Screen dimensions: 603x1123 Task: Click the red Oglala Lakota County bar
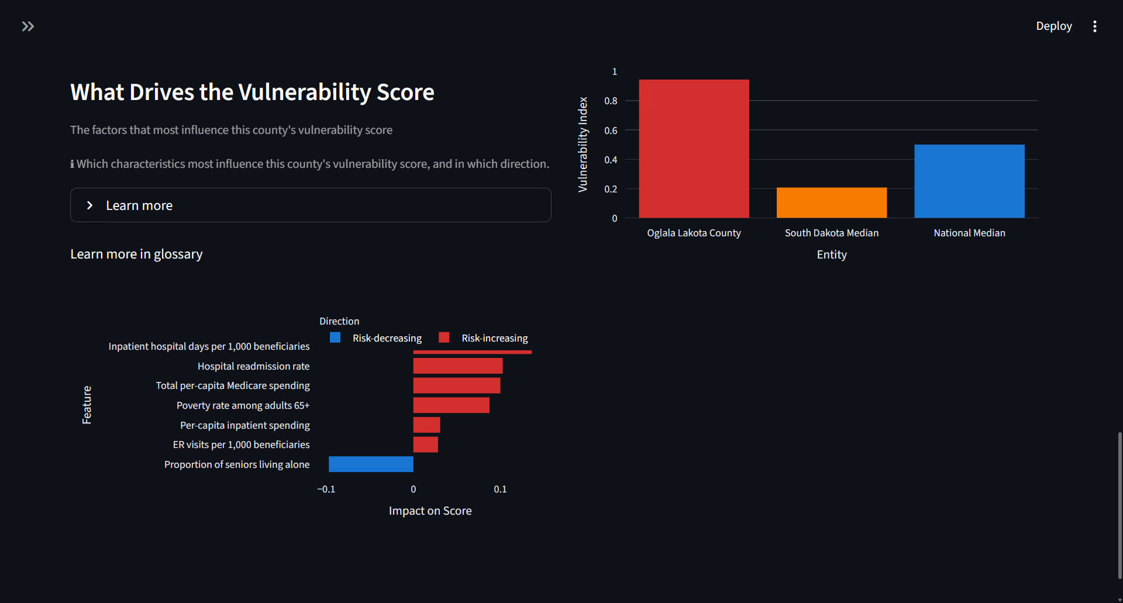click(694, 149)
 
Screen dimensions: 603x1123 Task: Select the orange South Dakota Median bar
click(831, 202)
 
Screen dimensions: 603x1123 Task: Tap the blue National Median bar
click(969, 181)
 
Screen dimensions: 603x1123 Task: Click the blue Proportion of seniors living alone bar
click(371, 464)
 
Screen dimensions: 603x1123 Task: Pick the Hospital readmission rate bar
click(457, 366)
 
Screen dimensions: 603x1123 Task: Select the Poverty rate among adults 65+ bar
click(451, 405)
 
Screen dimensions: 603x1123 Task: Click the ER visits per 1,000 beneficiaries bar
click(425, 445)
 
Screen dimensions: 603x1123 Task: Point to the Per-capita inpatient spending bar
click(426, 425)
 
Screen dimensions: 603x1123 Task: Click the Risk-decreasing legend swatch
click(335, 337)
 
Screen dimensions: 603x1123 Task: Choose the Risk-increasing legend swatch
click(444, 337)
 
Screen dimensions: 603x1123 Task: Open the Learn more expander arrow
click(89, 205)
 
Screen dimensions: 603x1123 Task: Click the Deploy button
click(1053, 26)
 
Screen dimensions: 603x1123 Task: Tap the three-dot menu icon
click(1094, 26)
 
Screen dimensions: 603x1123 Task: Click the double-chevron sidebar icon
click(27, 26)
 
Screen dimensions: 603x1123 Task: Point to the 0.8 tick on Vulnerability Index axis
click(611, 101)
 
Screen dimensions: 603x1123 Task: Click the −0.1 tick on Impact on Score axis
click(326, 489)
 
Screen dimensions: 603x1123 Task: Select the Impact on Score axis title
click(430, 511)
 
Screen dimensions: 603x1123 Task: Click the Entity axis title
click(831, 254)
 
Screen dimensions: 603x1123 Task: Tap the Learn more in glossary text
click(136, 254)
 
